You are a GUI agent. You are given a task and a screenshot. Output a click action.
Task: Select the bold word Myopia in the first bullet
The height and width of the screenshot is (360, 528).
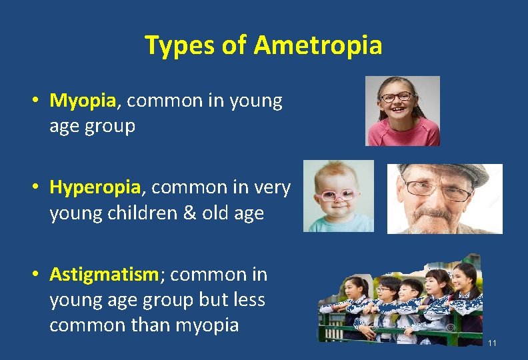click(83, 101)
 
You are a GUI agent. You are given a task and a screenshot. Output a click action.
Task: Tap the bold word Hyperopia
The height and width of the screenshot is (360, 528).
click(95, 188)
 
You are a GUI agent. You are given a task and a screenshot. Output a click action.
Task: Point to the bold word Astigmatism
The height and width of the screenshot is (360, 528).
click(103, 274)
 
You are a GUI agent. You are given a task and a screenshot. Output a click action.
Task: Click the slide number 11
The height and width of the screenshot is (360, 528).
click(492, 343)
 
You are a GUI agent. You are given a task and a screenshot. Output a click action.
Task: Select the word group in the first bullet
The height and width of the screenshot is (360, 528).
click(111, 125)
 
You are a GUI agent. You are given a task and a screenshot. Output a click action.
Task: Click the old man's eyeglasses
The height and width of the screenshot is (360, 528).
click(437, 189)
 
